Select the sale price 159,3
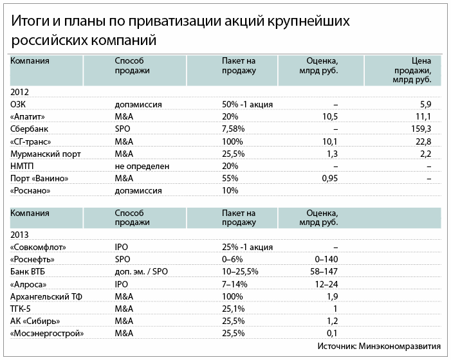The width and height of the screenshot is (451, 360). [x=428, y=129]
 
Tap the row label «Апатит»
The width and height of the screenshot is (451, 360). [x=29, y=116]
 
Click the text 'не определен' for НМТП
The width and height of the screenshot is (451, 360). [x=142, y=166]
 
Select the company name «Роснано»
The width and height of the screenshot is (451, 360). [x=30, y=190]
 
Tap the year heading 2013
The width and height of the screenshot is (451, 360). [x=20, y=235]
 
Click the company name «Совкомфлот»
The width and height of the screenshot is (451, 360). [x=39, y=247]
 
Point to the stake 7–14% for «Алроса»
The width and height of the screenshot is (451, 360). [x=235, y=283]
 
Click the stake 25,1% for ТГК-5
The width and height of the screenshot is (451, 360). [x=234, y=308]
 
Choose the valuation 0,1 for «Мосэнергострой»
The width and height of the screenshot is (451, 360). [x=331, y=332]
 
